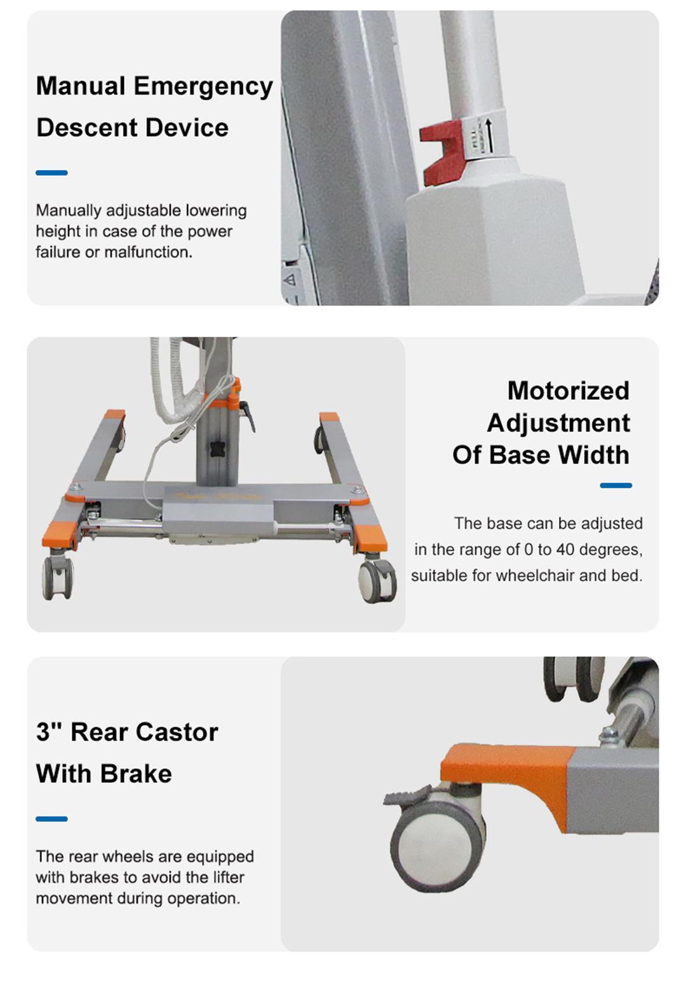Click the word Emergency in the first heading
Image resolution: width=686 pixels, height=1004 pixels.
(x=203, y=86)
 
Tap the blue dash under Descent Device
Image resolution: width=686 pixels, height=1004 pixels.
(x=51, y=173)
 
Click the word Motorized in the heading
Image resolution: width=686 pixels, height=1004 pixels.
(x=568, y=391)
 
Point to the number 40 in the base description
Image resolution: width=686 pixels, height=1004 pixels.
(x=565, y=550)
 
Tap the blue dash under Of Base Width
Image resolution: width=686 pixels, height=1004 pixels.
(x=615, y=485)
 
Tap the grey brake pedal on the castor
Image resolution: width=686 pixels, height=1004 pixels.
(x=407, y=794)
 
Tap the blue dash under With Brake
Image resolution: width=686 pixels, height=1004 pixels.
(x=51, y=819)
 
